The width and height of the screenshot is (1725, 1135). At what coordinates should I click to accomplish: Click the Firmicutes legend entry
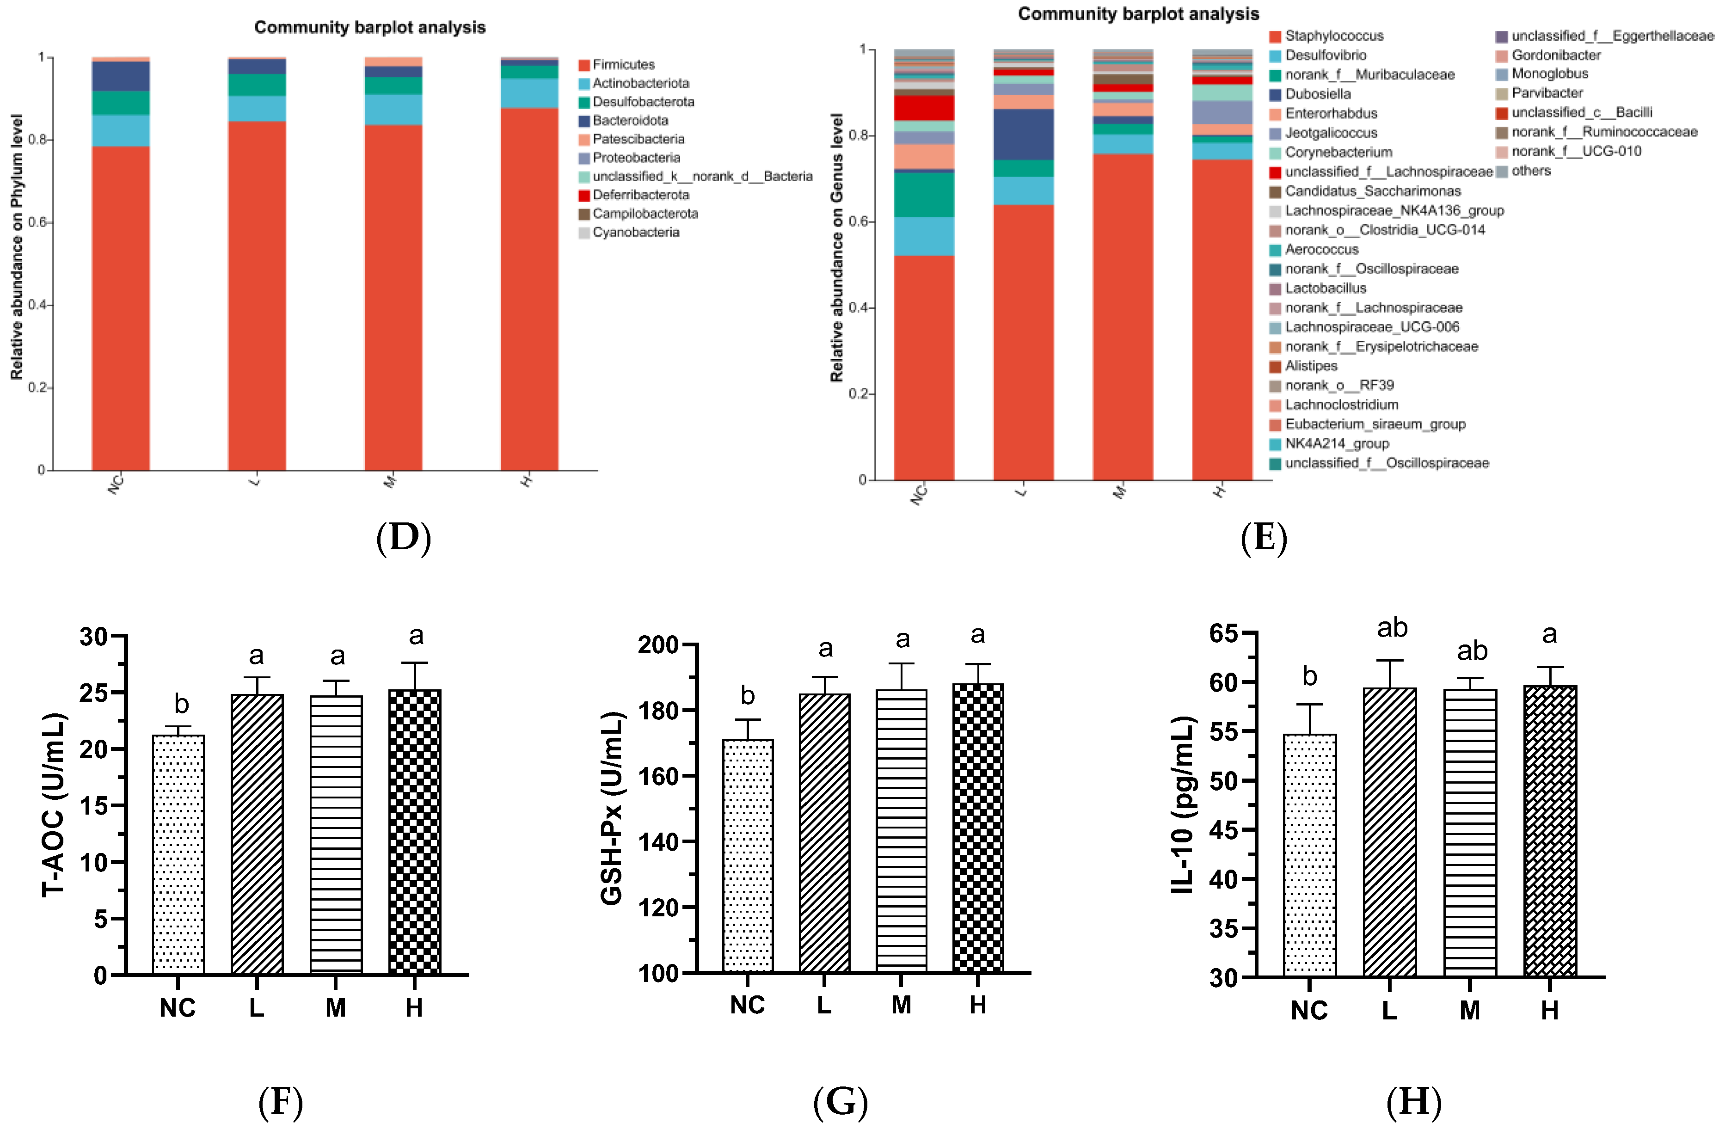(623, 65)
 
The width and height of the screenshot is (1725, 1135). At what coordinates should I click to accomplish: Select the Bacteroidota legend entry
(629, 120)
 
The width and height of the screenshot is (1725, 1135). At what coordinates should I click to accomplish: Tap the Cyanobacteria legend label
(636, 232)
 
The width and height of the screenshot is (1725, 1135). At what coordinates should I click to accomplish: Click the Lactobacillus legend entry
(1325, 288)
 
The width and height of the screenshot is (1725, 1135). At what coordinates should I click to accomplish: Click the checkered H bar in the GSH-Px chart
(978, 826)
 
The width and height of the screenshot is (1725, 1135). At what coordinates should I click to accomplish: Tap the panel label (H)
(1413, 1102)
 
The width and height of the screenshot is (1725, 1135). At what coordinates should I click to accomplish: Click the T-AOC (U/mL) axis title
(55, 804)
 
